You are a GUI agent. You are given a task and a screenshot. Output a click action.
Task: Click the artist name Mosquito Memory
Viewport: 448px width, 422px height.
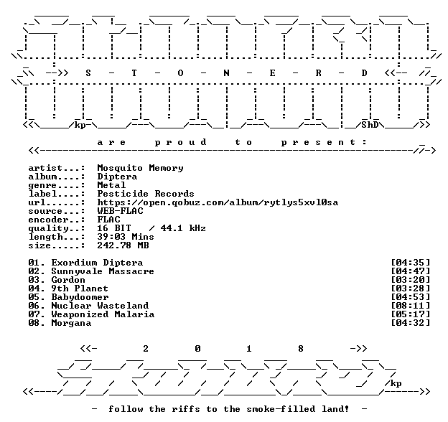point(140,168)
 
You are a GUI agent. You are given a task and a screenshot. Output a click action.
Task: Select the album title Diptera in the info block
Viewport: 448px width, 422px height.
point(117,177)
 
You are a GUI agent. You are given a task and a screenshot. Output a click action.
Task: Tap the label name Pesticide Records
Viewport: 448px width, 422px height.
point(146,194)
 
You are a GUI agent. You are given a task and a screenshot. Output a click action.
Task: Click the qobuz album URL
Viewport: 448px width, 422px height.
point(218,202)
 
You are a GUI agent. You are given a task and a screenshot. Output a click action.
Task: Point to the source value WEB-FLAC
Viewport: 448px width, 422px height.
point(120,211)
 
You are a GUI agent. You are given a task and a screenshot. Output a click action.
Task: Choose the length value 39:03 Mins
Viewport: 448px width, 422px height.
point(126,237)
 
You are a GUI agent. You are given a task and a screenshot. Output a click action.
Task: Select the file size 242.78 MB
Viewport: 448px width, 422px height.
point(123,245)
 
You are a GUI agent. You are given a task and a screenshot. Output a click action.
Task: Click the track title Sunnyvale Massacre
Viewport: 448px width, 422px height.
point(103,271)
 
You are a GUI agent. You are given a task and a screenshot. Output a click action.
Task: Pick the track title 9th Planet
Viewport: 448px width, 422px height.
point(80,289)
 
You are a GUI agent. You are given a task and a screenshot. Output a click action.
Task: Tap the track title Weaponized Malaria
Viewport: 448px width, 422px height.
point(103,314)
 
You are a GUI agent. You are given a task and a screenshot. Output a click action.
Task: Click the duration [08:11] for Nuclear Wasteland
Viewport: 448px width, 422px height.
point(410,306)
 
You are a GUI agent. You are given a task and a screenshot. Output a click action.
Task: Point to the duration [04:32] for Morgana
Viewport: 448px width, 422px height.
point(410,323)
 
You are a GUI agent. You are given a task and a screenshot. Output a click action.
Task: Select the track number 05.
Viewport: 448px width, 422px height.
point(34,297)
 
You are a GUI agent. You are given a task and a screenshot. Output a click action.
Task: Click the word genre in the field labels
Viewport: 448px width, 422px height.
point(42,186)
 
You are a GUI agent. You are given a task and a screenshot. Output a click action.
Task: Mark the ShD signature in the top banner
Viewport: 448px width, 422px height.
point(370,125)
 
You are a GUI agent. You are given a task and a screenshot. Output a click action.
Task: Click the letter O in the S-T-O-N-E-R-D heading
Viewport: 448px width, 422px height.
point(180,73)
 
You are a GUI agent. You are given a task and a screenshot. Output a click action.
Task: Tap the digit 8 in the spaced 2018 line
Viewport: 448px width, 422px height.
point(301,349)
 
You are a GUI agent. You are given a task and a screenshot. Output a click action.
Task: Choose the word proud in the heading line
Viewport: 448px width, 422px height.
point(181,142)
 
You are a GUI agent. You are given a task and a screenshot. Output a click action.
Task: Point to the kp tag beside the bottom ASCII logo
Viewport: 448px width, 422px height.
point(396,383)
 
